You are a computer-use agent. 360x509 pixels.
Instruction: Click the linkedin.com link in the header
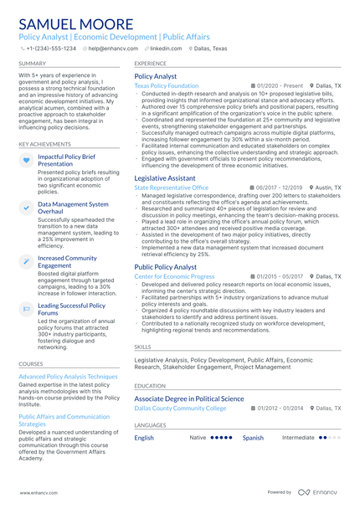165,49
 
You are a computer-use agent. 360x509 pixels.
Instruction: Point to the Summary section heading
33,64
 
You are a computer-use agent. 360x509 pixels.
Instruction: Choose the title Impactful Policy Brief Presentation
67,161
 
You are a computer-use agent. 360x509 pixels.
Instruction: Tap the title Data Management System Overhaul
73,208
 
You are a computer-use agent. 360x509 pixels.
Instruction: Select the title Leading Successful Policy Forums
72,310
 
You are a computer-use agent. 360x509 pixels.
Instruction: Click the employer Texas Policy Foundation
166,86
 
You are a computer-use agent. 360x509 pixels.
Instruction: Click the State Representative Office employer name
172,188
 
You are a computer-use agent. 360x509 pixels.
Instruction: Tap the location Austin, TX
327,188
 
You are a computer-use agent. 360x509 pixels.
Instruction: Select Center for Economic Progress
174,276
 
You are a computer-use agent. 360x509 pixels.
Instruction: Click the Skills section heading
143,346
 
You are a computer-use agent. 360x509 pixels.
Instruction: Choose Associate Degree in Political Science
201,398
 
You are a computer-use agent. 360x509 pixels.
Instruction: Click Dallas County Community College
180,409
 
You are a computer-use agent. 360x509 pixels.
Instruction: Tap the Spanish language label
253,438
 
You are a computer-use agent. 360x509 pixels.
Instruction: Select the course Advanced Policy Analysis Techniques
68,377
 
